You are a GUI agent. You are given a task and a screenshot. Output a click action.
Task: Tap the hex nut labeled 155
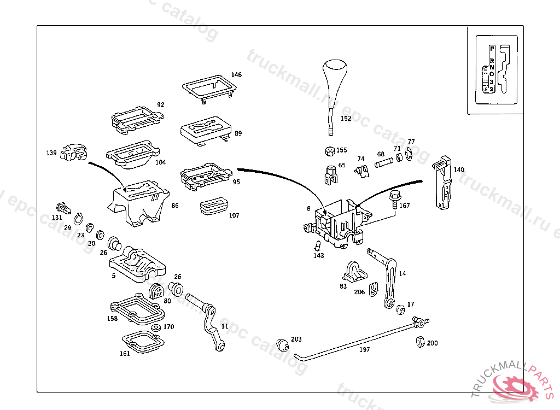pos(329,150)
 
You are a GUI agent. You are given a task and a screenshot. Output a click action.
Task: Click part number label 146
pos(236,75)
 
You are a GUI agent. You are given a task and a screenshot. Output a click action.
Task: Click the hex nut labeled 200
pos(419,342)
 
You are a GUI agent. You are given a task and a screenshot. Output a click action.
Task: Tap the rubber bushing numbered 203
pos(282,345)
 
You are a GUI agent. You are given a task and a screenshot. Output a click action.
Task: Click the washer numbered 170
pos(155,327)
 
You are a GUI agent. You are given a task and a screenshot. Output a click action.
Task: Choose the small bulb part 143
pos(317,246)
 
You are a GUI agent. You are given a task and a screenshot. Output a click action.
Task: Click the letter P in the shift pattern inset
pos(492,49)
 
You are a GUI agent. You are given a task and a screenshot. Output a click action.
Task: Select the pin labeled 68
pos(383,162)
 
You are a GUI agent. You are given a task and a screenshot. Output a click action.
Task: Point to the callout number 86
pos(174,206)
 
